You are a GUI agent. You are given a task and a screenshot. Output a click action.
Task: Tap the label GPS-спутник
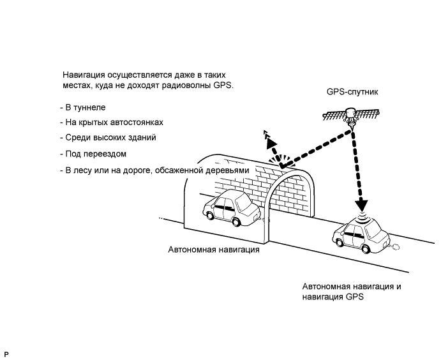pyautogui.click(x=352, y=92)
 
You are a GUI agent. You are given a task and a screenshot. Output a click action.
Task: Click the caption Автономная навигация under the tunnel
pyautogui.click(x=214, y=250)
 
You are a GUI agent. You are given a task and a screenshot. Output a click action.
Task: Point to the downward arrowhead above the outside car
pyautogui.click(x=362, y=206)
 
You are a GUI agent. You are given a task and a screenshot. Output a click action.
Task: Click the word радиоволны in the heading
pyautogui.click(x=188, y=84)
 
